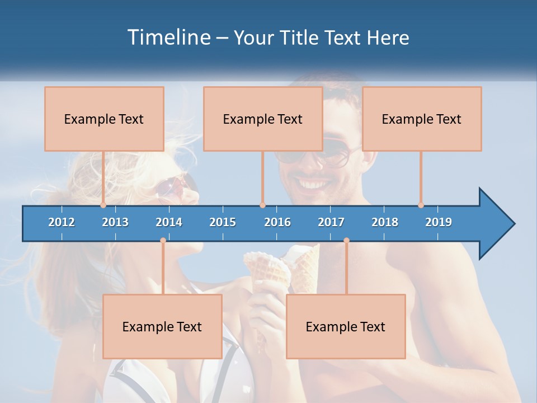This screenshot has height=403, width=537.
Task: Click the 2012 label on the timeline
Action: (x=62, y=222)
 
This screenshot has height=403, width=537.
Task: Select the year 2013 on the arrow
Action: (x=115, y=222)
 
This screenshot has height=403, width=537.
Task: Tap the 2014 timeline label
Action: (x=169, y=222)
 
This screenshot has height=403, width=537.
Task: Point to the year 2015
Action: (x=223, y=222)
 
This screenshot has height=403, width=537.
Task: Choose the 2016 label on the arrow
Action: (x=277, y=222)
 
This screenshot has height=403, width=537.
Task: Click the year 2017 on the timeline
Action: (x=331, y=222)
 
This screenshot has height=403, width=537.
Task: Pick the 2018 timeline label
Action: (x=385, y=222)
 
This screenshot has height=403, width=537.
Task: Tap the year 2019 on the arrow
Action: (x=439, y=222)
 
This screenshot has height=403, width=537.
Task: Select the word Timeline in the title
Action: (x=168, y=38)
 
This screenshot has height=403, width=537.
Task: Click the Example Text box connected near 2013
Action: (x=104, y=119)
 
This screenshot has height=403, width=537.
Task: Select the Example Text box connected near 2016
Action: (x=263, y=119)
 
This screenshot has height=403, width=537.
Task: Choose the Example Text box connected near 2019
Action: (x=422, y=119)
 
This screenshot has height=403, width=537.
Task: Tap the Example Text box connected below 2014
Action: (x=162, y=326)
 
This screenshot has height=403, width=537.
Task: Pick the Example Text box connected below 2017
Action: (x=346, y=326)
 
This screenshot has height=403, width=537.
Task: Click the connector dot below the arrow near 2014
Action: (x=163, y=241)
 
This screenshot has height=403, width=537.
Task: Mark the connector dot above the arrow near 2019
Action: (x=421, y=205)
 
